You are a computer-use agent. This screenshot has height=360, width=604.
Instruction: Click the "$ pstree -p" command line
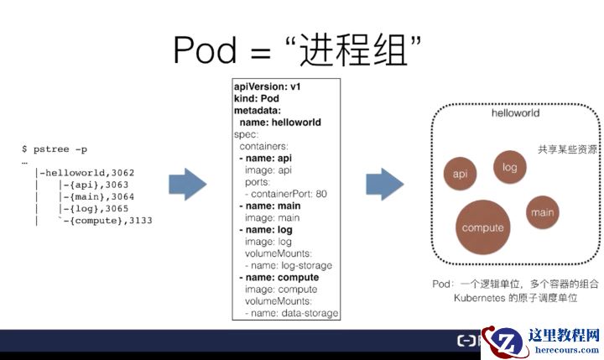(55, 149)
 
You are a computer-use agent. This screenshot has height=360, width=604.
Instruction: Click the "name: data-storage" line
(292, 312)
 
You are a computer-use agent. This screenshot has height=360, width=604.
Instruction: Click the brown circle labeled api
(460, 174)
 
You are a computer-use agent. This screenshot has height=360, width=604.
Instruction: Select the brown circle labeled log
(509, 166)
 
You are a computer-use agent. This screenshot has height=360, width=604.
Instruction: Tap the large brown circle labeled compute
(483, 227)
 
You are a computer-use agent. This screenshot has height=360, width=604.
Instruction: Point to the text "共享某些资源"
(568, 149)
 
